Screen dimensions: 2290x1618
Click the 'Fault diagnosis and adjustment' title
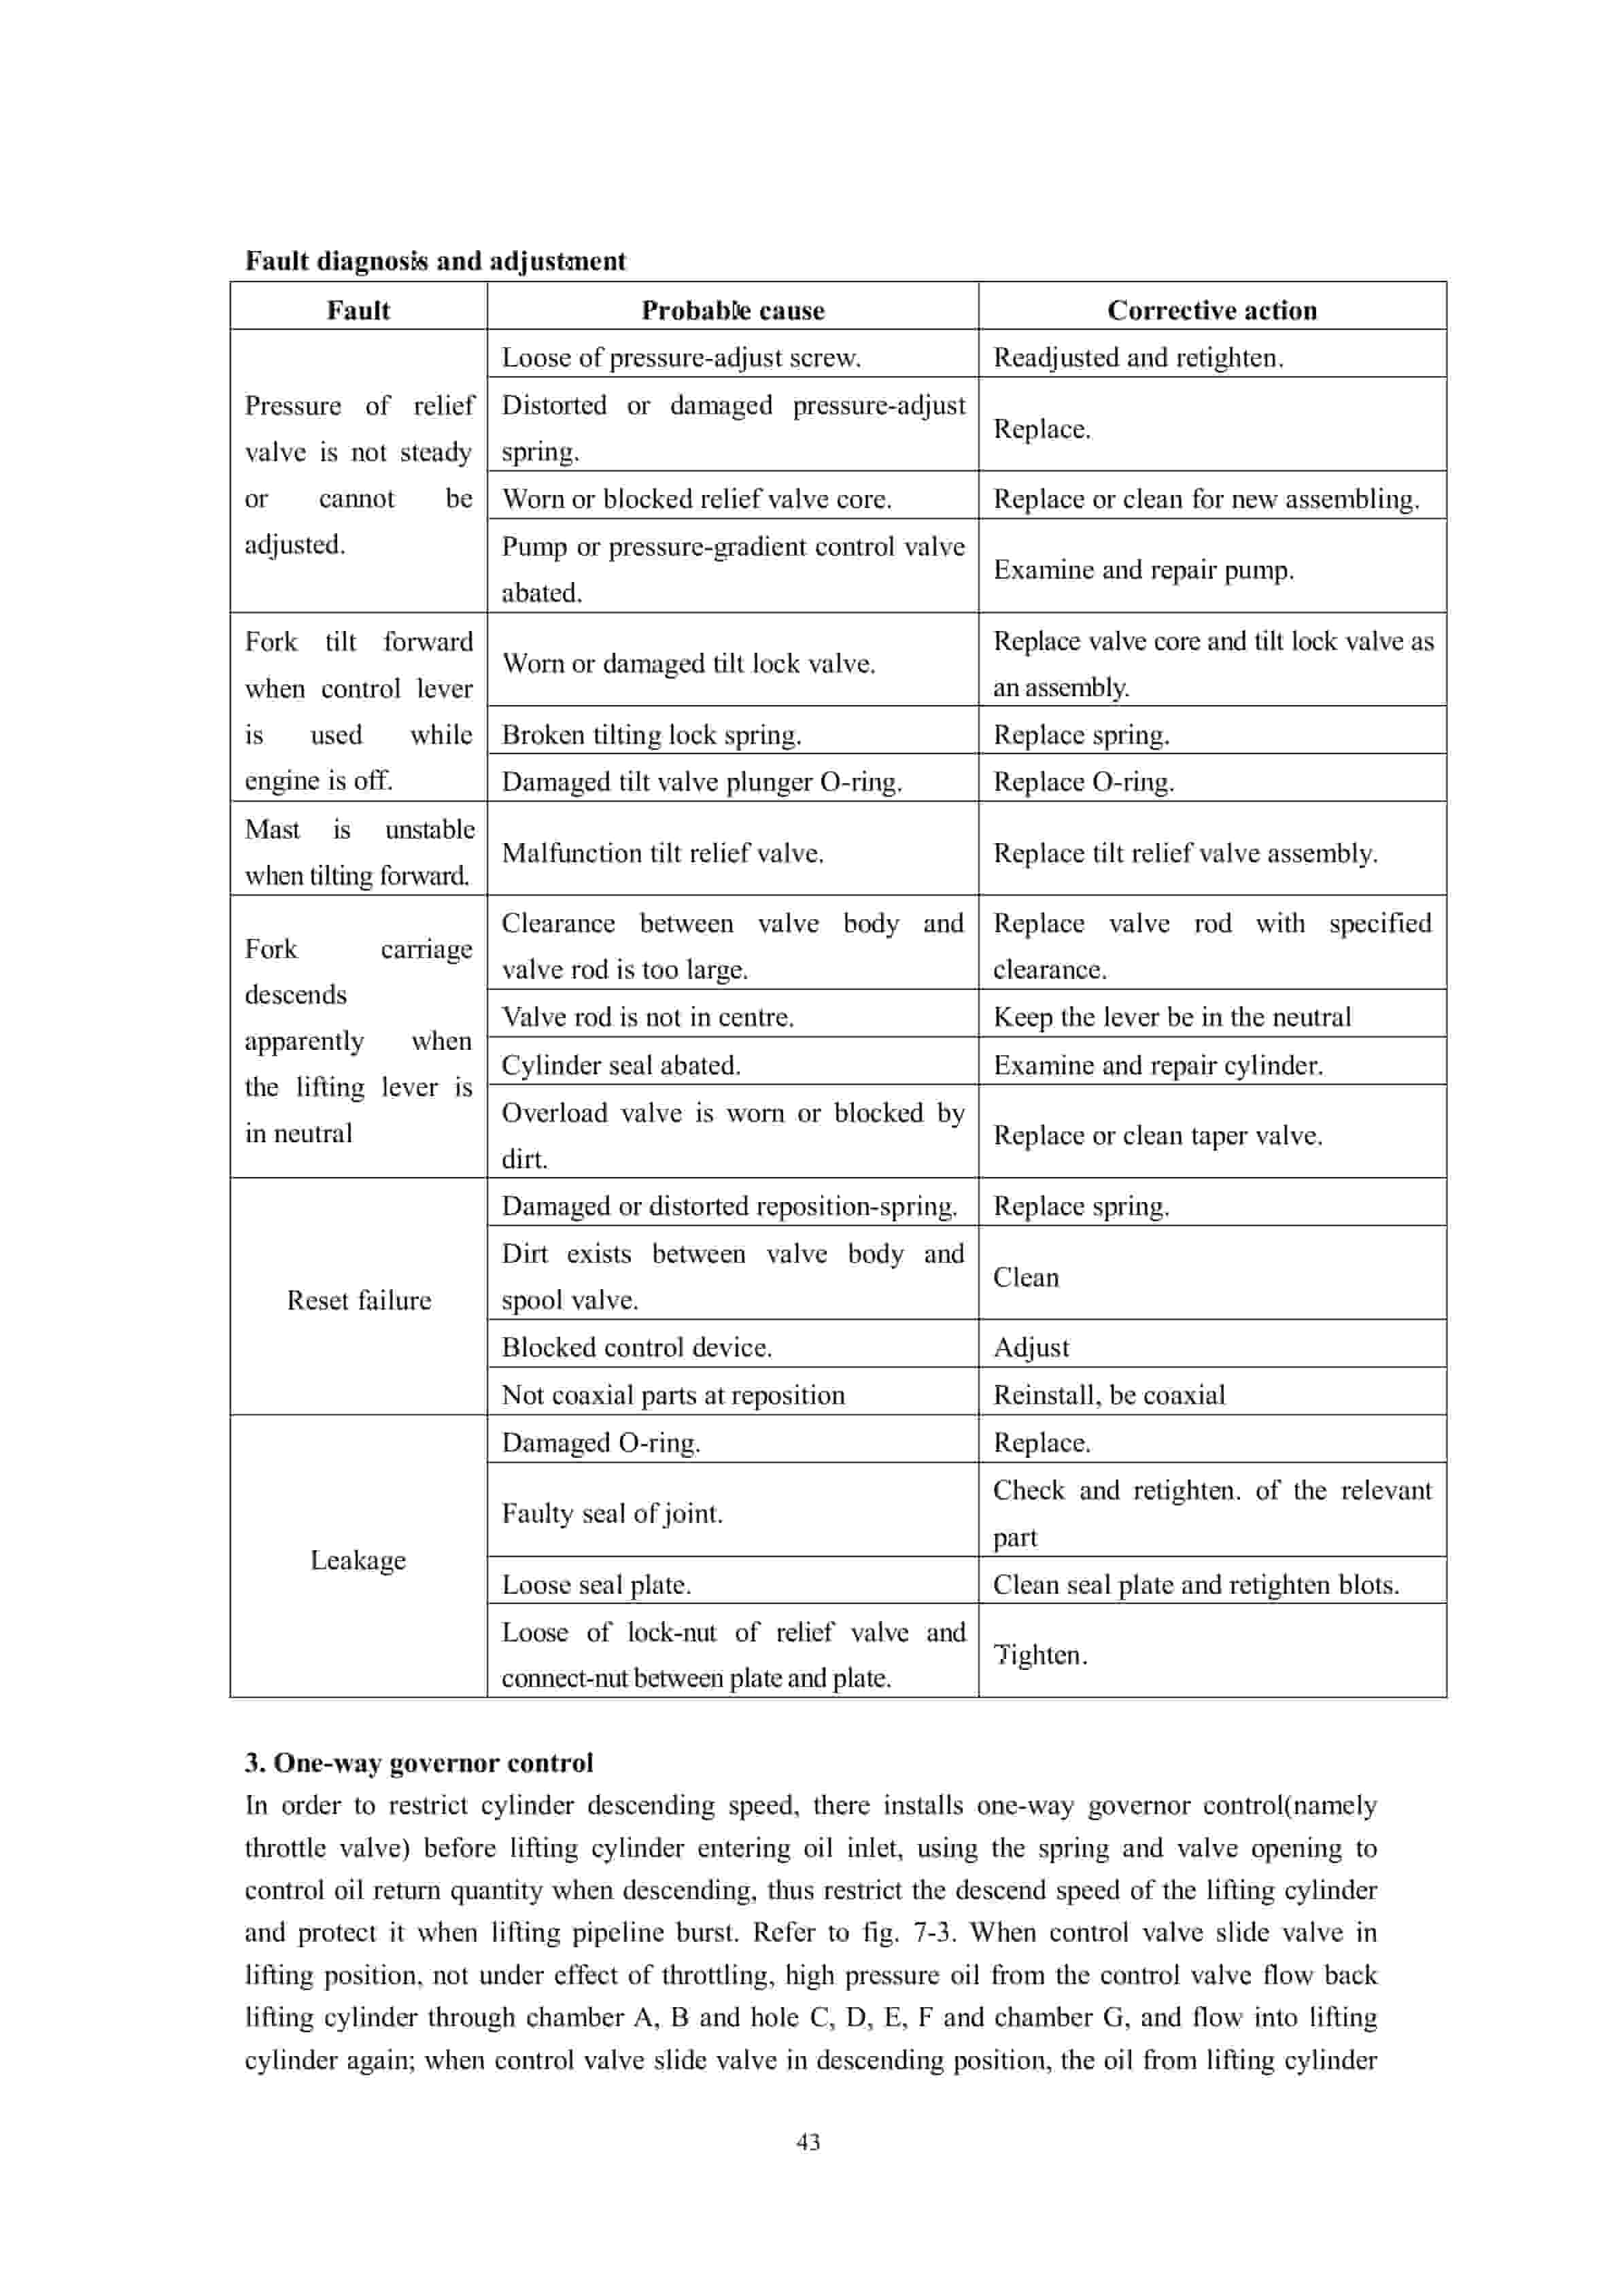pos(435,261)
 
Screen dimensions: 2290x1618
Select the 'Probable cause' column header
pos(732,310)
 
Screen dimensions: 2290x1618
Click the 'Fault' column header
pos(358,310)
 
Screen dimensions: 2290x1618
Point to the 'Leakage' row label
pos(358,1559)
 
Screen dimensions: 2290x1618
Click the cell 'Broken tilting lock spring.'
pos(651,734)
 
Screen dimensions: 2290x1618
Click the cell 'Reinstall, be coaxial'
pos(1108,1395)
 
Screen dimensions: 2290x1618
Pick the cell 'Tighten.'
pos(1039,1655)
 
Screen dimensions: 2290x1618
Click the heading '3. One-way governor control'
pos(419,1762)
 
